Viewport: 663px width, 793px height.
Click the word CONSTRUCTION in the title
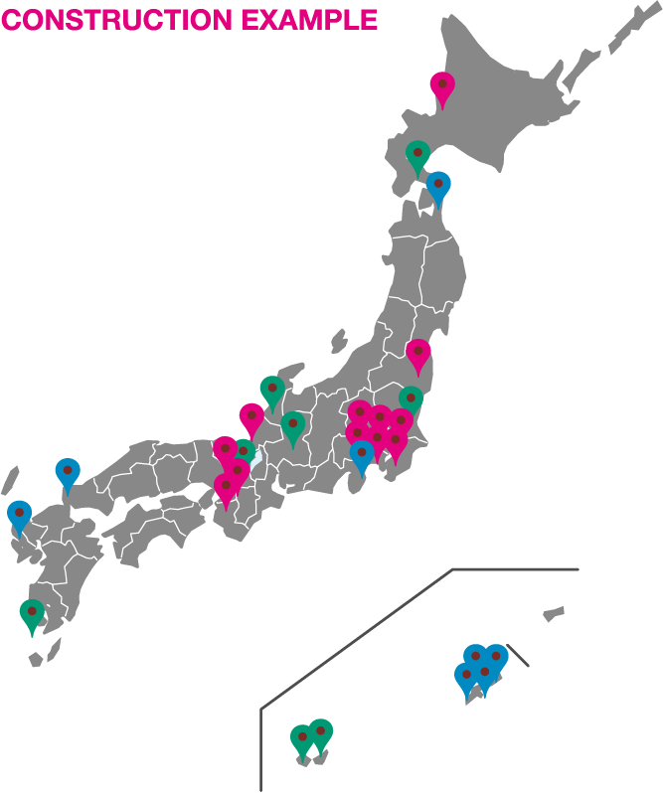[115, 19]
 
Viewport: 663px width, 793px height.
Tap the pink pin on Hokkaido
[441, 87]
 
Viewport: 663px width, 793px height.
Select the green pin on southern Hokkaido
[417, 155]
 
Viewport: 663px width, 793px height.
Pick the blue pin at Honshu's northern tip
[437, 185]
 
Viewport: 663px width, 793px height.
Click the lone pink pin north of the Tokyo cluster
[418, 353]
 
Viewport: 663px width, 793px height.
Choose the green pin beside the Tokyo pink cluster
[411, 399]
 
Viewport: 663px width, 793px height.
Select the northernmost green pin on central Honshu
[271, 390]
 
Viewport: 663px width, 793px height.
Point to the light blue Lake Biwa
[256, 459]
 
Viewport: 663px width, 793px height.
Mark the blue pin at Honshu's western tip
[67, 472]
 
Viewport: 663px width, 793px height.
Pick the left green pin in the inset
[301, 738]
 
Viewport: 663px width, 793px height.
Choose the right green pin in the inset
[320, 733]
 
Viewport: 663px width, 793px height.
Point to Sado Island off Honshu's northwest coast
[339, 341]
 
